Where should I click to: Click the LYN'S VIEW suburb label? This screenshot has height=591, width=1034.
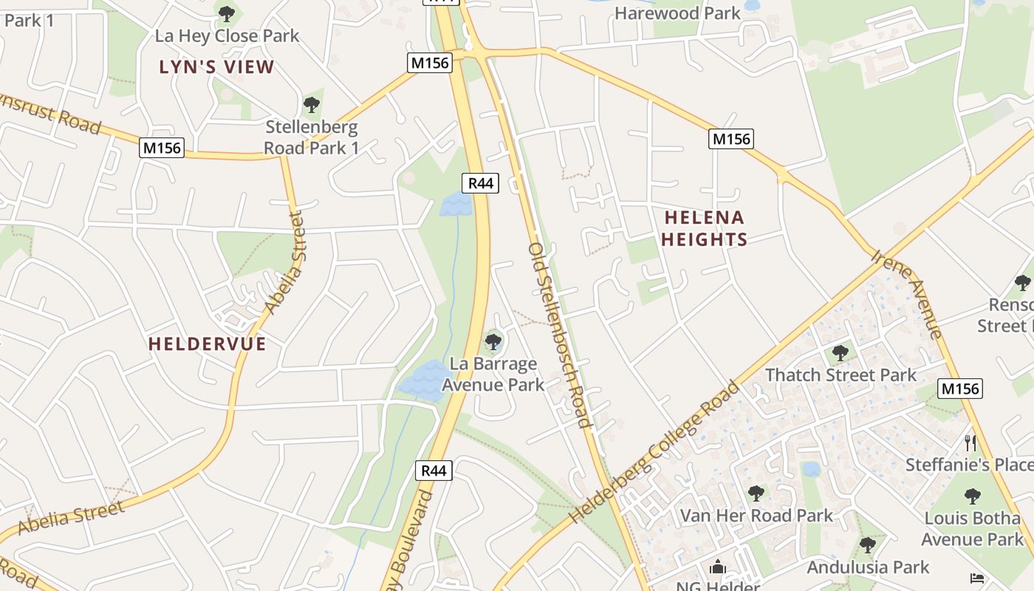point(216,67)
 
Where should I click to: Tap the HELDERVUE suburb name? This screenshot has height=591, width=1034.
point(207,344)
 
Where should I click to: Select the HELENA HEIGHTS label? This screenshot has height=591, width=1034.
point(705,228)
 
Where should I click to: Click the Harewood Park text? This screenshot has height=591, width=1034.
point(677,13)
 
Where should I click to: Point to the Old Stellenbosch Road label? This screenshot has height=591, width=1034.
point(560,335)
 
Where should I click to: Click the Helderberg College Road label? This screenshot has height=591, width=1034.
point(654,452)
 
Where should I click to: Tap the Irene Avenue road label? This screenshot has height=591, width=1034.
point(906,294)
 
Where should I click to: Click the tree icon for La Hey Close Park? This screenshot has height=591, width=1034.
point(227,13)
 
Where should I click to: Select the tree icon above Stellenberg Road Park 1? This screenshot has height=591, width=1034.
point(312,104)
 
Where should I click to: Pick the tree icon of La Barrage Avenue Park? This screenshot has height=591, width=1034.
point(493,342)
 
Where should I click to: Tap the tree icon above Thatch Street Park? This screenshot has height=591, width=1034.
point(840,353)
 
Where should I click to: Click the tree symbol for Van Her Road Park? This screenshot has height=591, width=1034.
point(756,493)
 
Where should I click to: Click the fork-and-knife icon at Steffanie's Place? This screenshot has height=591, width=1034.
point(971,443)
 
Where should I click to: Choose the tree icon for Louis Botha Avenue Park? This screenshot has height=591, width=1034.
point(973,496)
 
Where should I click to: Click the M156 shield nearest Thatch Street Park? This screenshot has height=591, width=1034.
point(960,389)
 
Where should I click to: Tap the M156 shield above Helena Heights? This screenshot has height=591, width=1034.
point(730,139)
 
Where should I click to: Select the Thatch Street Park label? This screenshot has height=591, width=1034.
point(840,375)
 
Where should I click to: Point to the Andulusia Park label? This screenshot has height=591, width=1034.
point(868,567)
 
